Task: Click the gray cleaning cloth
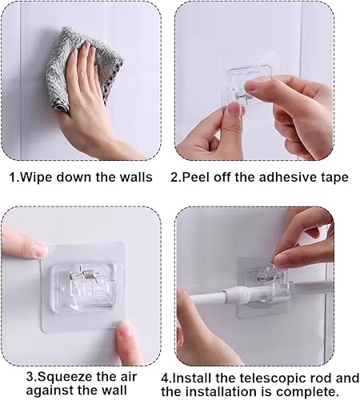coord(82,66)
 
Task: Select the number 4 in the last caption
coord(166,378)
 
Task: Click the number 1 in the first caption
coord(13,178)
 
